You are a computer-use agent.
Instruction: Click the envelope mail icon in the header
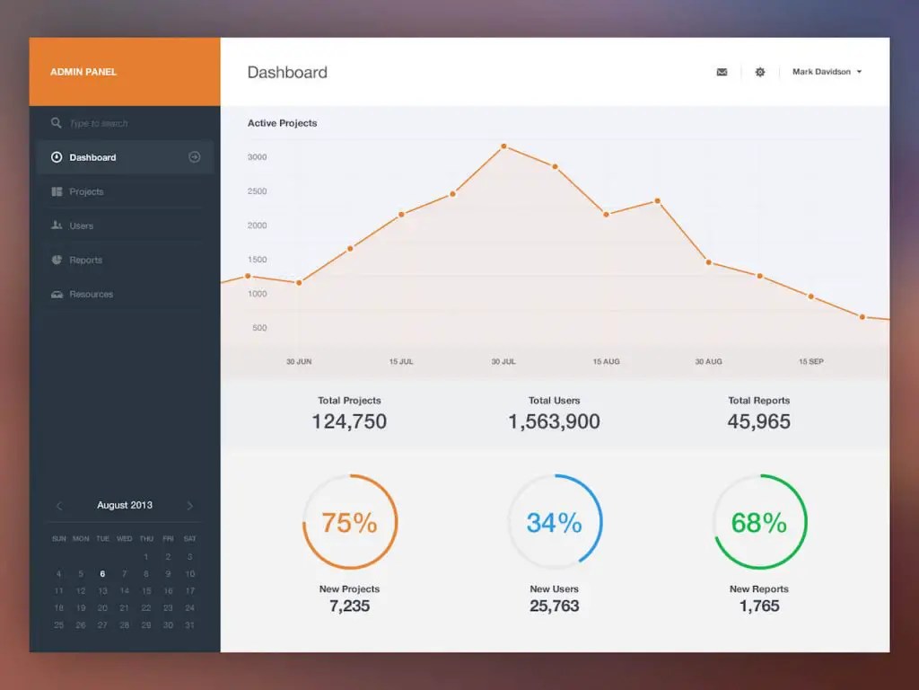tap(722, 72)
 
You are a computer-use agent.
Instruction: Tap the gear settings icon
tap(760, 72)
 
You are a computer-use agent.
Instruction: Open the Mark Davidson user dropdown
tap(827, 72)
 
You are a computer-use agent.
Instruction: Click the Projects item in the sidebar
tap(86, 191)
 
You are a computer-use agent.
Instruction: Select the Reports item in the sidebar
tap(85, 260)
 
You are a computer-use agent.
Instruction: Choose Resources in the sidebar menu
tap(91, 294)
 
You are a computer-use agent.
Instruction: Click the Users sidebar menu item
tap(81, 226)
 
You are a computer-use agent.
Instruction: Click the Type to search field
tap(99, 123)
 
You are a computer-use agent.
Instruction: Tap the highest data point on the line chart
tap(503, 146)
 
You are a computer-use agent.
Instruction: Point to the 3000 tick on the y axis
tap(257, 157)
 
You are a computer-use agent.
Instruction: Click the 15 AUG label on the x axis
tap(606, 361)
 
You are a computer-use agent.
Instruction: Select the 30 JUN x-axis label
tap(299, 361)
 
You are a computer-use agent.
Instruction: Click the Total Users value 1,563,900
tap(554, 421)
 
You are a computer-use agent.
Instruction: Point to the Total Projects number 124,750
tap(349, 421)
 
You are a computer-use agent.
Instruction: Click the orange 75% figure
tap(349, 522)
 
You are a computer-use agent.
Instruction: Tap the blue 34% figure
tap(554, 522)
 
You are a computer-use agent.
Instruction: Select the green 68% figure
tap(758, 522)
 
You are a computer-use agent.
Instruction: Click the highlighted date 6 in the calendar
tap(102, 573)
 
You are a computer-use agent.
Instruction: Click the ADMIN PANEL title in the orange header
tap(83, 72)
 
